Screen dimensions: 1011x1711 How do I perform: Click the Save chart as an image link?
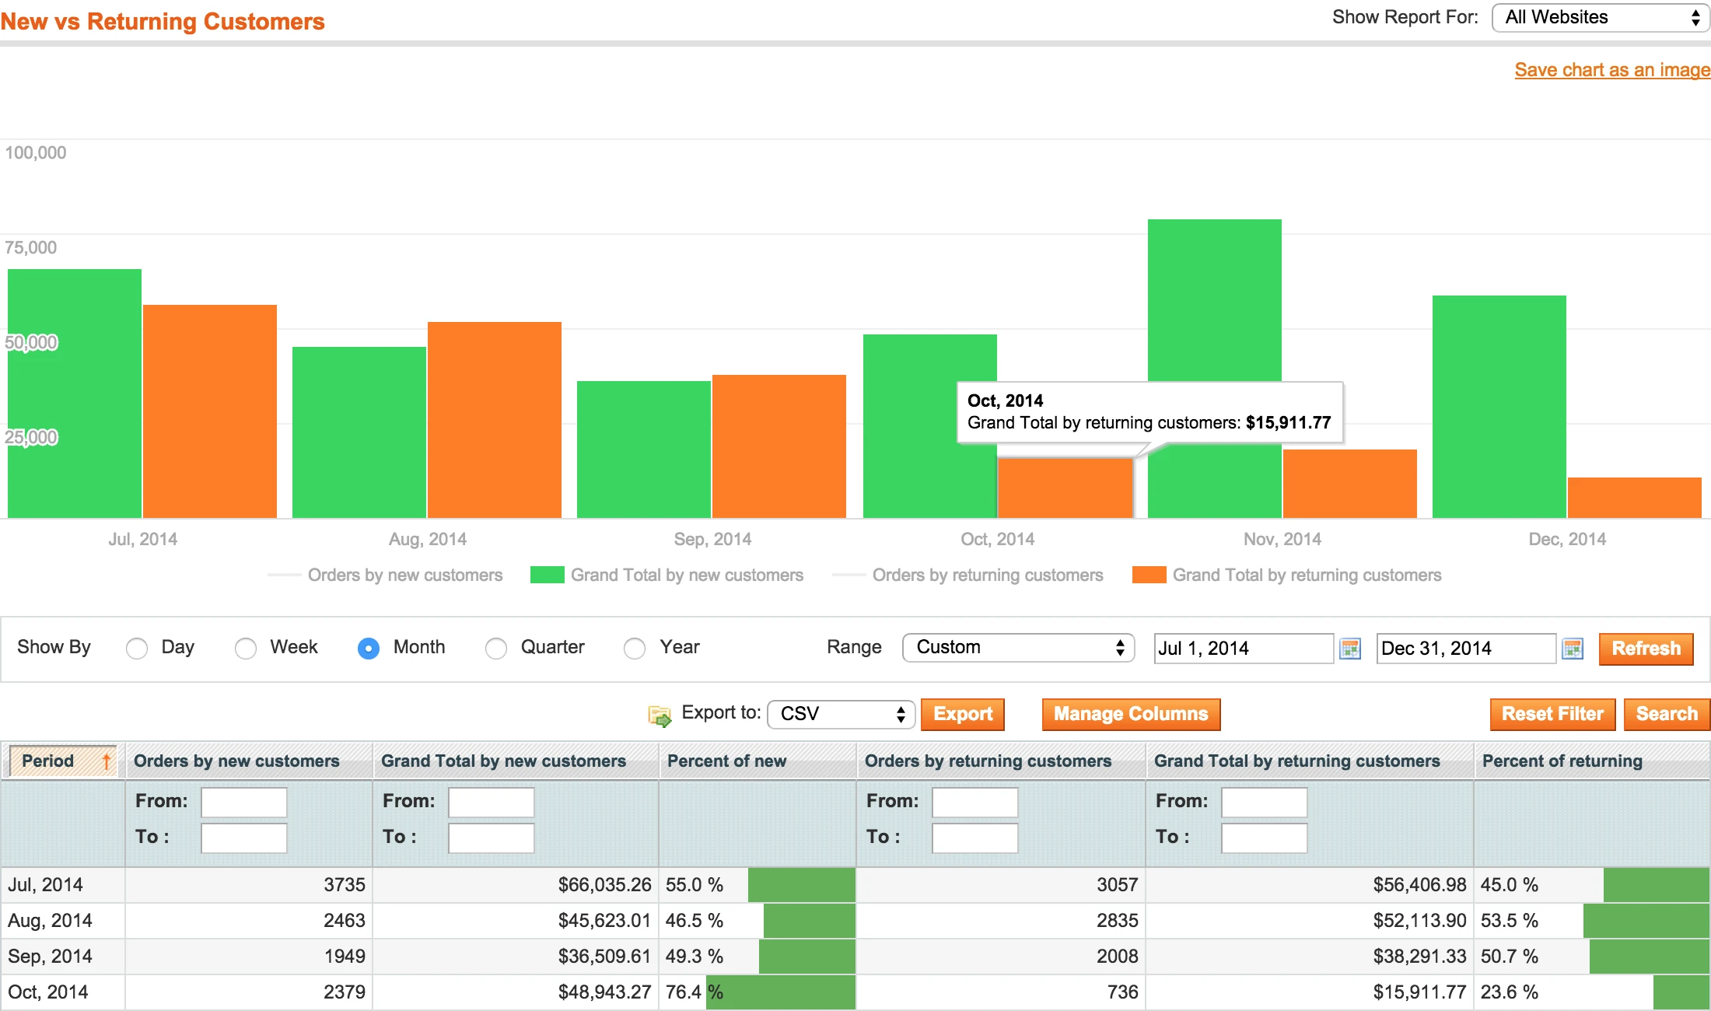[x=1611, y=70]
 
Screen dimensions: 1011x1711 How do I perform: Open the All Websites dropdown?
[x=1600, y=18]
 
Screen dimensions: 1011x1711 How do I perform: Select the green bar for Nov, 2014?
[x=1214, y=311]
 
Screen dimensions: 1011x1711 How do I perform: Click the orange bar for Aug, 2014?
[x=495, y=420]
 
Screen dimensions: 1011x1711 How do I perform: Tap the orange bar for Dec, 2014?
[x=1634, y=498]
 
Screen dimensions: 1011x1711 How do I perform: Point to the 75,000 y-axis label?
[x=31, y=247]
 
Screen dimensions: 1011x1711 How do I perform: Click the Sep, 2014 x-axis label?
[x=712, y=539]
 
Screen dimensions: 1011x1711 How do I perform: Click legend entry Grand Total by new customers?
[x=686, y=575]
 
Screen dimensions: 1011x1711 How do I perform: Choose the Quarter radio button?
[x=496, y=648]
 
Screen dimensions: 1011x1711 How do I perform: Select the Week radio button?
[x=246, y=648]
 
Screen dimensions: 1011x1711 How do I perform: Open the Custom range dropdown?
[x=1017, y=648]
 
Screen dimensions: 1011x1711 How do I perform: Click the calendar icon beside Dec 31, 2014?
[x=1573, y=649]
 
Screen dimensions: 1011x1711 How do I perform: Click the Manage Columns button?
[x=1131, y=714]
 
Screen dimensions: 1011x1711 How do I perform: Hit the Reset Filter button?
[x=1552, y=714]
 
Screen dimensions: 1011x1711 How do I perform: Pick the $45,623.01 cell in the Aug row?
[x=604, y=921]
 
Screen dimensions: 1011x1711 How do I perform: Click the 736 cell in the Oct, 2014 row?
[x=1122, y=992]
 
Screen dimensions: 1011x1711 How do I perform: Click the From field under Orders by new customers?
[x=244, y=802]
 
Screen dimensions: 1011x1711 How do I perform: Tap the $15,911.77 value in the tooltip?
[x=1288, y=422]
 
